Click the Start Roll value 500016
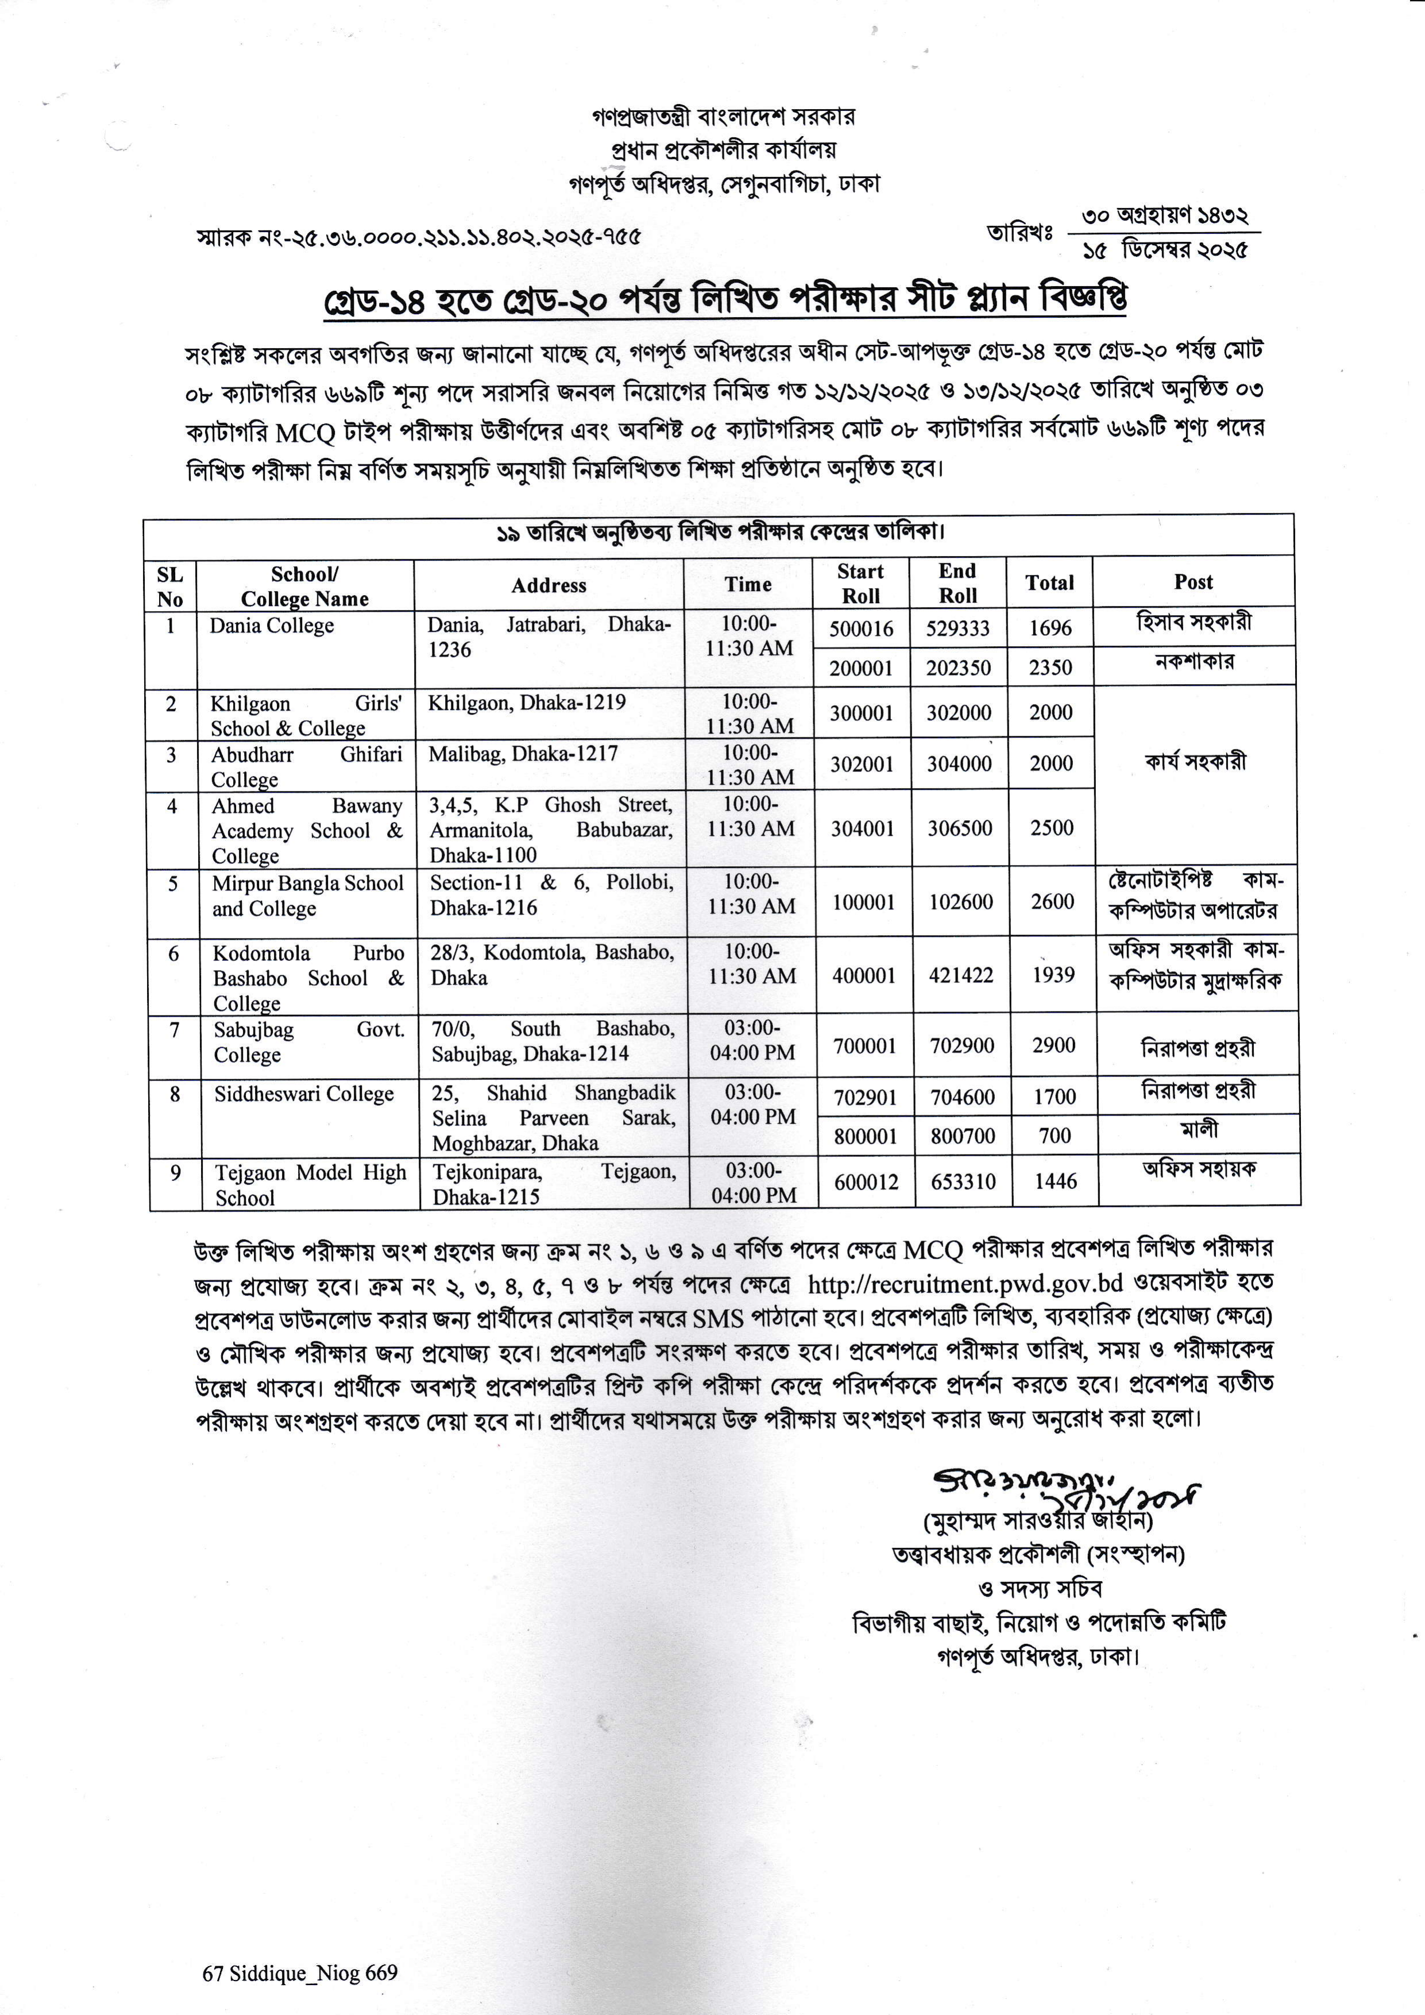[861, 628]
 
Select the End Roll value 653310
[963, 1182]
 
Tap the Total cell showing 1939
[1053, 975]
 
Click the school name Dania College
[272, 626]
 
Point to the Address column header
[549, 585]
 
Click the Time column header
[748, 585]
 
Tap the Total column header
[1049, 583]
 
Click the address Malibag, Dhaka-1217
[523, 754]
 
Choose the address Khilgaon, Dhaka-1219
[527, 702]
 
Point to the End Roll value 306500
[960, 828]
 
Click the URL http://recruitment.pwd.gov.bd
[965, 1284]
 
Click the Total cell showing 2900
[1053, 1045]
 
